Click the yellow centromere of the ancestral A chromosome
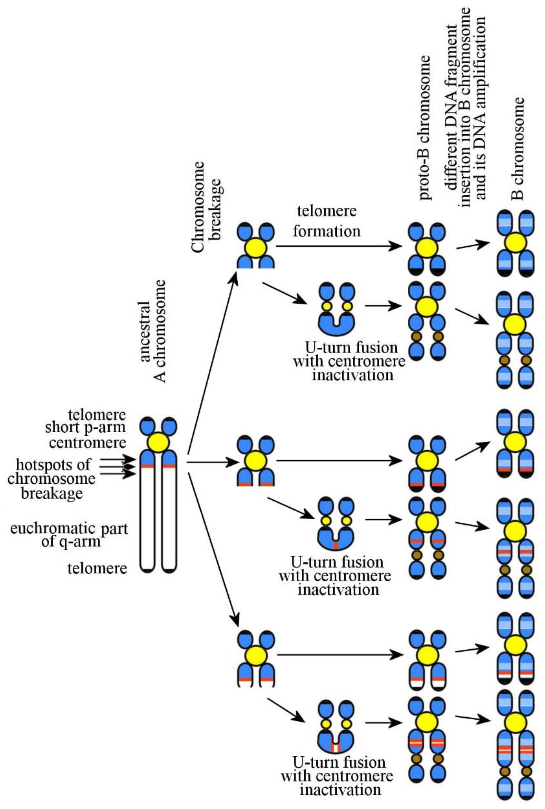click(x=158, y=443)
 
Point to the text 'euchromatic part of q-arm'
click(x=69, y=535)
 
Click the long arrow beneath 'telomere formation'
click(x=339, y=246)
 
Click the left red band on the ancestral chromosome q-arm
click(x=147, y=466)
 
